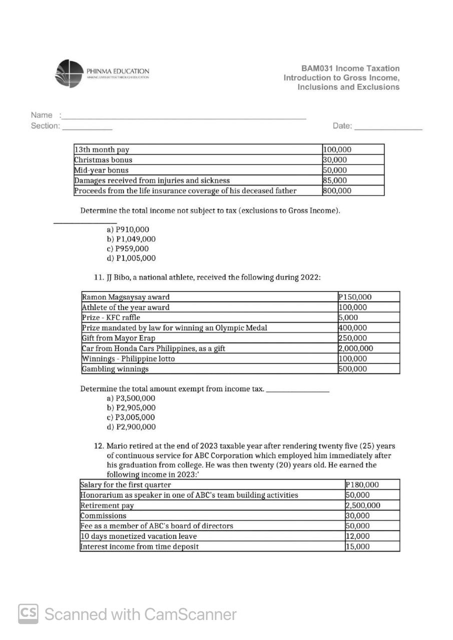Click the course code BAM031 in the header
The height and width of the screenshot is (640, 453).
(317, 68)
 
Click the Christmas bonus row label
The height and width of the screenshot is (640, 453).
(104, 160)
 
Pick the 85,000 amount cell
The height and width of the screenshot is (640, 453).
(335, 180)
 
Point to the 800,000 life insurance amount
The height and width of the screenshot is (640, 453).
(337, 190)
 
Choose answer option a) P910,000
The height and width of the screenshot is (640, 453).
(128, 230)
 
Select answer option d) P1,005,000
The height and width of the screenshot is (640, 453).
(131, 258)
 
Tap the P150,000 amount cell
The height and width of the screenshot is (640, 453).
(355, 297)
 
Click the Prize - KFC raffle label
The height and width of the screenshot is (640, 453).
(111, 317)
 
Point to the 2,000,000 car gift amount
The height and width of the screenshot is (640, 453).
(356, 348)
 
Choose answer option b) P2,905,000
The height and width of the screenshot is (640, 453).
(131, 408)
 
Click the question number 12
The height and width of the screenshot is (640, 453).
(99, 446)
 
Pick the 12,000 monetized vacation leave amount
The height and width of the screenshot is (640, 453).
(357, 536)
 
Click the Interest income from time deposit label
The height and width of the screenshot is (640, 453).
(140, 546)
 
